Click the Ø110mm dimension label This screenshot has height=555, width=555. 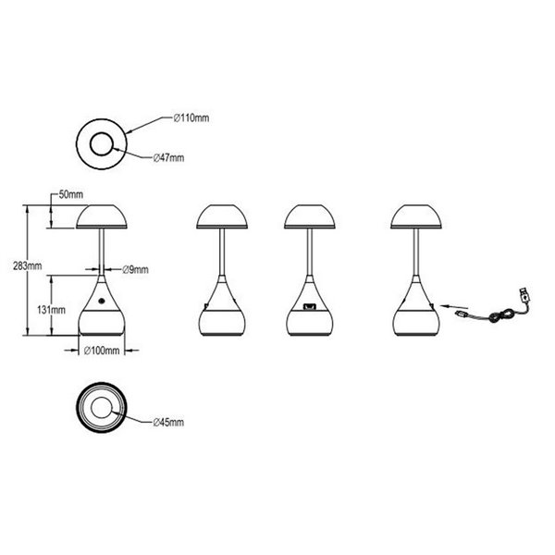(191, 117)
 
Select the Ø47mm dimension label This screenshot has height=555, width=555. (169, 158)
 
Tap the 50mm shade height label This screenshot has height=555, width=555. (71, 194)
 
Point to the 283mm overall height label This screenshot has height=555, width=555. (27, 265)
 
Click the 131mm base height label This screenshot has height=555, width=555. (51, 310)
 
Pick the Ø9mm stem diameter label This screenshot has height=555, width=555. (136, 270)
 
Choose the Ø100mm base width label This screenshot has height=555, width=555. (102, 351)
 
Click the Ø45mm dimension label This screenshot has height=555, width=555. (169, 423)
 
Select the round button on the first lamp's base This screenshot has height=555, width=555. (102, 302)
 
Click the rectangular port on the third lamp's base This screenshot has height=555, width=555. (309, 306)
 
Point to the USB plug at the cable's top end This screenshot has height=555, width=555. (524, 294)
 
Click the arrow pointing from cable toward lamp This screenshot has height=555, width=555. (454, 306)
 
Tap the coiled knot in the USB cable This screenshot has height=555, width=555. (499, 315)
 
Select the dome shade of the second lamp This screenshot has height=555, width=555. (222, 216)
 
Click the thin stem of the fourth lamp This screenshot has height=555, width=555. (416, 252)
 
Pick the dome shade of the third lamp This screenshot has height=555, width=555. (309, 216)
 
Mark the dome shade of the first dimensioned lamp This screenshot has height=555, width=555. (102, 216)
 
